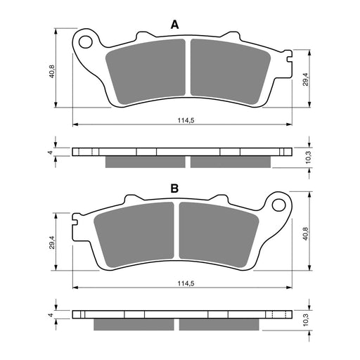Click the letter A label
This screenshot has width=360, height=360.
[x=175, y=25]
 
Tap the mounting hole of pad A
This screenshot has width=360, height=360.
[x=86, y=40]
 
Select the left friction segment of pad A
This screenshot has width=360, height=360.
[x=148, y=71]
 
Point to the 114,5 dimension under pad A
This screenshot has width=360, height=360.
[x=186, y=121]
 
